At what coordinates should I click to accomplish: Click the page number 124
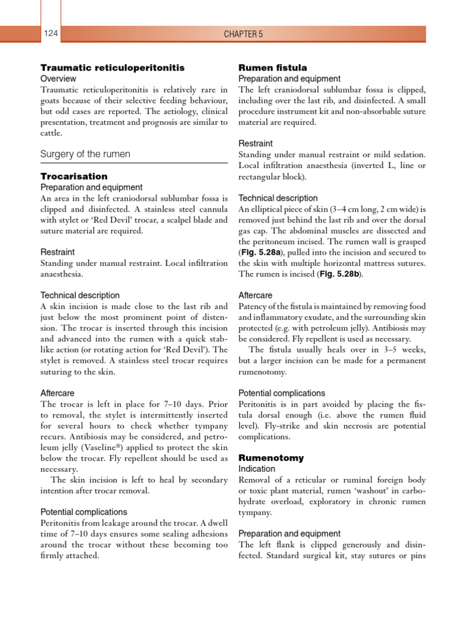pos(50,34)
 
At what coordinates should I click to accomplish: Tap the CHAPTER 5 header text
pos(244,34)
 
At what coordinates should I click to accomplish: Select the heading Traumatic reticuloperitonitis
pos(112,67)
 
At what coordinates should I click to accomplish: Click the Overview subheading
pos(58,79)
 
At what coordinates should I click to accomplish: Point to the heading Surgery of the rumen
pos(85,154)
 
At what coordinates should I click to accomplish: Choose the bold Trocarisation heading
pos(74,177)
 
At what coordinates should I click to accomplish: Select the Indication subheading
pos(257,469)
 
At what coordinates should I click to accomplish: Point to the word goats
pos(52,101)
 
